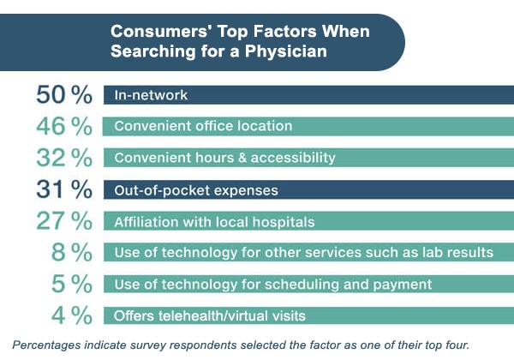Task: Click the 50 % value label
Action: [63, 94]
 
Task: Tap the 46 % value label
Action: [63, 126]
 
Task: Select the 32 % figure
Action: [63, 158]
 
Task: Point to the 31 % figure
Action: [63, 189]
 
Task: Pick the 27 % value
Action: [63, 221]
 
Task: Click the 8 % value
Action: [71, 253]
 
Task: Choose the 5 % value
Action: [71, 285]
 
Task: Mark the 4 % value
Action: [71, 315]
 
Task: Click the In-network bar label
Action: [151, 95]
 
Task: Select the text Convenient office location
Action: [203, 127]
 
